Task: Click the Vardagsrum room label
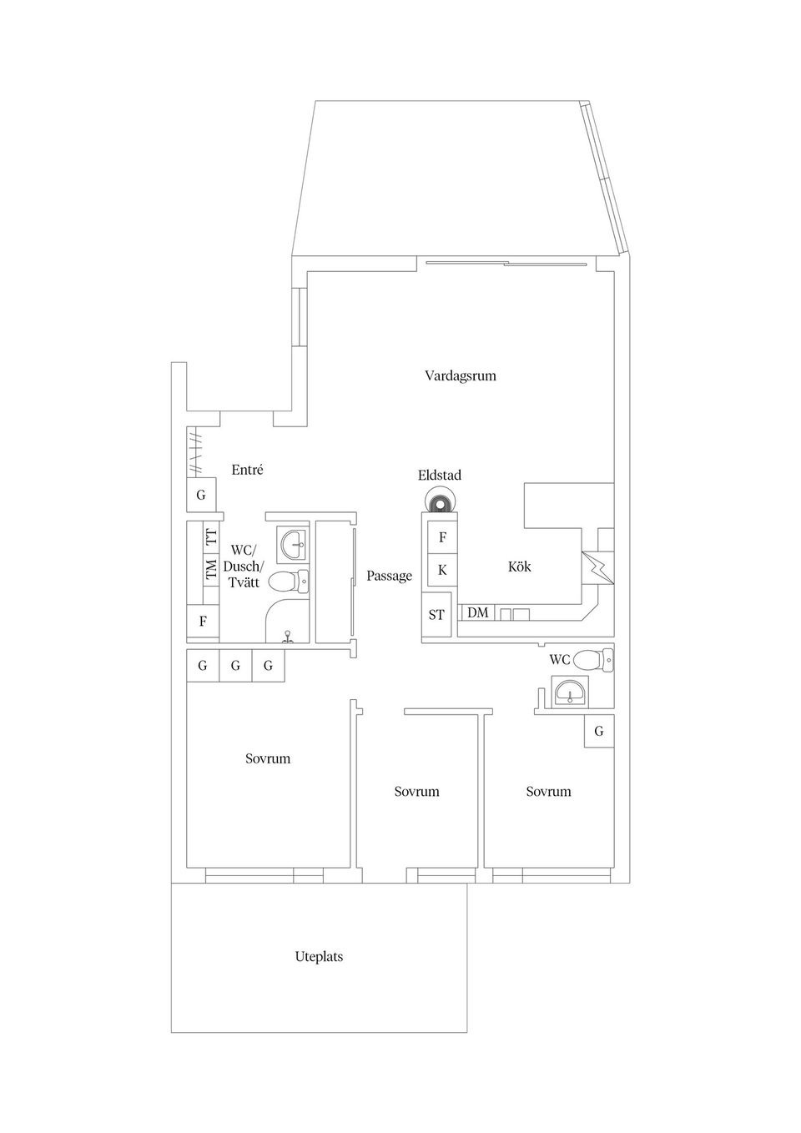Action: (x=460, y=375)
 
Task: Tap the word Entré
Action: (x=247, y=470)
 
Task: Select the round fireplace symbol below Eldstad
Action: (x=439, y=503)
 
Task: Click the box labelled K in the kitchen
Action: (x=442, y=570)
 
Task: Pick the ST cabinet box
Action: (x=436, y=615)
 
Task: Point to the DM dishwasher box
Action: (x=478, y=613)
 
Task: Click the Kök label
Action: (x=519, y=566)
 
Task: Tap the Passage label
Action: (x=389, y=576)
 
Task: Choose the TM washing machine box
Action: (x=211, y=570)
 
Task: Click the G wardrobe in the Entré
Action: (x=201, y=495)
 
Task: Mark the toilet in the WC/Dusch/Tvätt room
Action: (x=289, y=582)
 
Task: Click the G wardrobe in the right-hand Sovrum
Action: (x=598, y=731)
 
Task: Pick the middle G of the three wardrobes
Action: (x=235, y=666)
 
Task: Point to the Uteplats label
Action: (x=319, y=957)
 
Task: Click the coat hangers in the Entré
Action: (x=194, y=452)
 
